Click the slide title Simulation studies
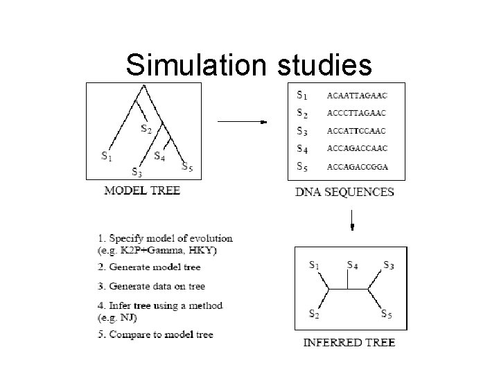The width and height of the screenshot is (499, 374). pyautogui.click(x=249, y=65)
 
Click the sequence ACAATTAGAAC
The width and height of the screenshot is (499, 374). pyautogui.click(x=357, y=95)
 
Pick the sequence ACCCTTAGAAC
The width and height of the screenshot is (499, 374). pyautogui.click(x=357, y=113)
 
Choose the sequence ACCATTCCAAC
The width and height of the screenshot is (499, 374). pyautogui.click(x=357, y=131)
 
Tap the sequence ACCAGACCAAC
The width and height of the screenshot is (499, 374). pyautogui.click(x=357, y=148)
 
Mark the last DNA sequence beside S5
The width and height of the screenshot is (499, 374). pyautogui.click(x=358, y=166)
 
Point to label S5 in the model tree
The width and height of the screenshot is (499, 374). pyautogui.click(x=187, y=166)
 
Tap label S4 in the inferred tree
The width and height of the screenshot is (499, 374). pyautogui.click(x=353, y=265)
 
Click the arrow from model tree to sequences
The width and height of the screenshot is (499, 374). pyautogui.click(x=243, y=122)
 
